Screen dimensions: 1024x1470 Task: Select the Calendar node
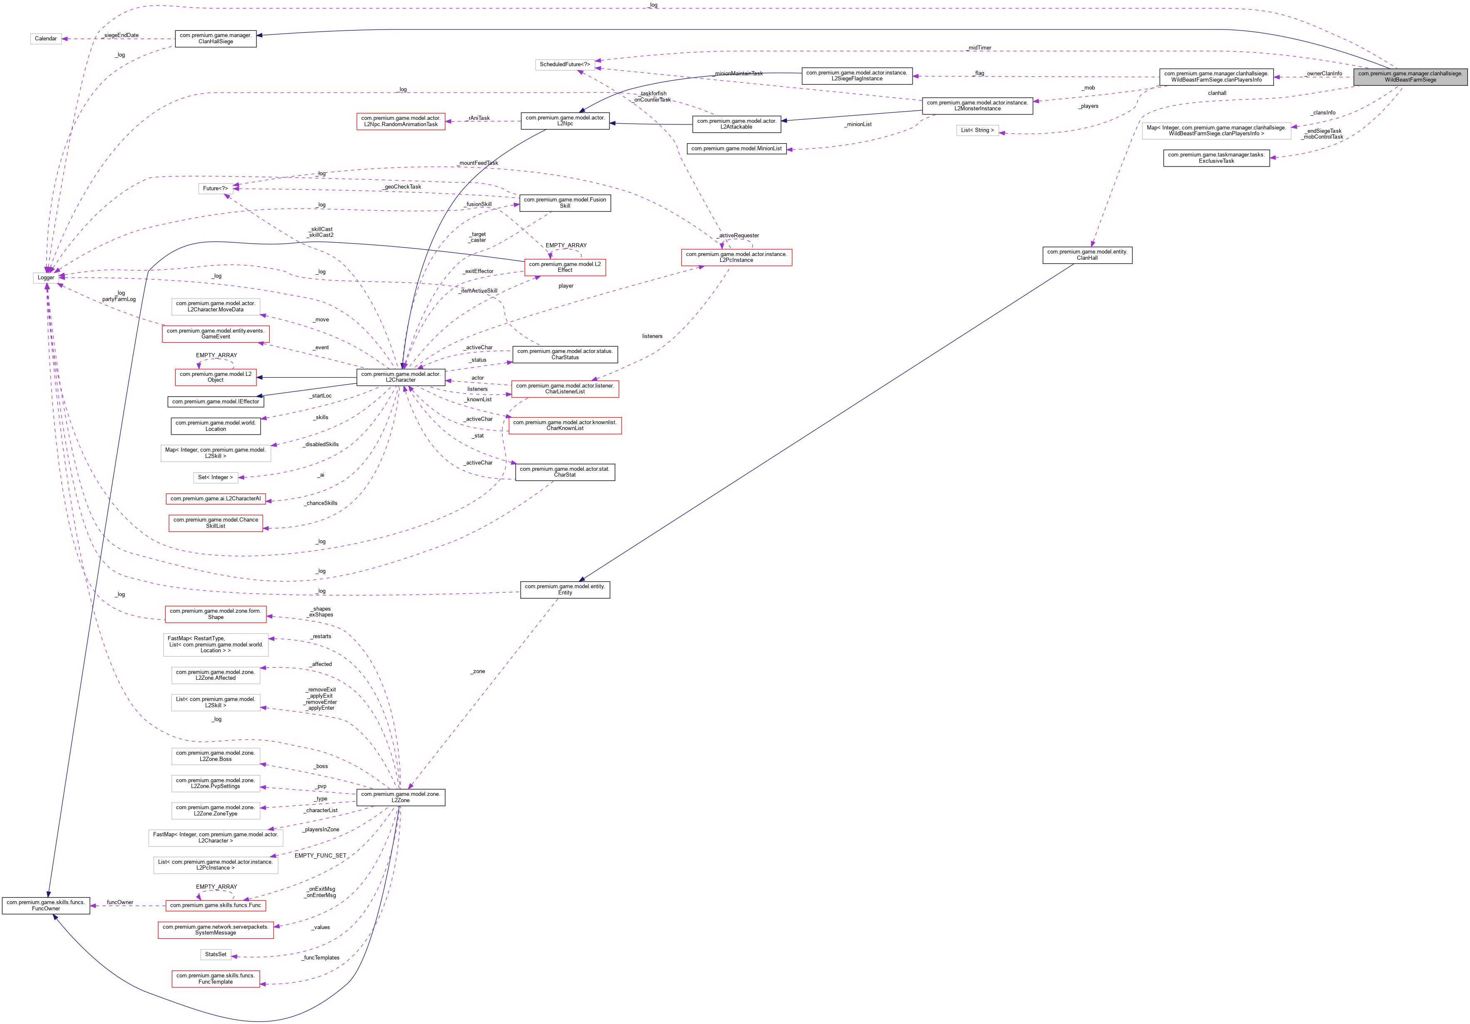tap(45, 38)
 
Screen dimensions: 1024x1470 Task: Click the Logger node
tap(45, 277)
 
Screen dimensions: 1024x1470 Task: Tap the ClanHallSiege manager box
tap(215, 38)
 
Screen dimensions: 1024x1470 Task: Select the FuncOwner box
tap(45, 905)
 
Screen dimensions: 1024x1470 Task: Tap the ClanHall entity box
tap(1087, 255)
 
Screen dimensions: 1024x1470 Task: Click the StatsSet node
tap(215, 954)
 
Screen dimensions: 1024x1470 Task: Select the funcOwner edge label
tap(120, 902)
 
